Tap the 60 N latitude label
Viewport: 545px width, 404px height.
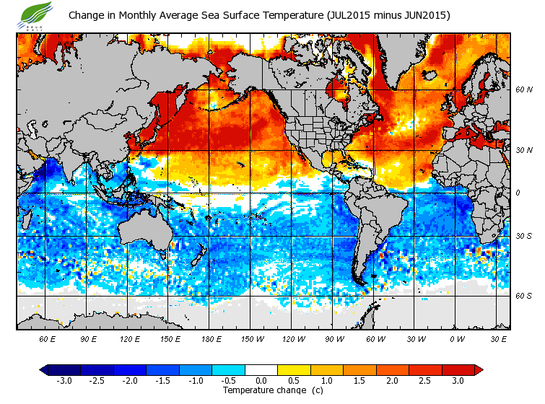coord(523,90)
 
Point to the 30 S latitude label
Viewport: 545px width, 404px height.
coord(523,236)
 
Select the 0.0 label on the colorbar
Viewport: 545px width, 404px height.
coord(261,380)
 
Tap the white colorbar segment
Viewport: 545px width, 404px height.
coord(261,369)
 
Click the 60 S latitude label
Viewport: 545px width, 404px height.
coord(523,296)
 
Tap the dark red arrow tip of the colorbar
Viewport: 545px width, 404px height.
coord(479,369)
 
